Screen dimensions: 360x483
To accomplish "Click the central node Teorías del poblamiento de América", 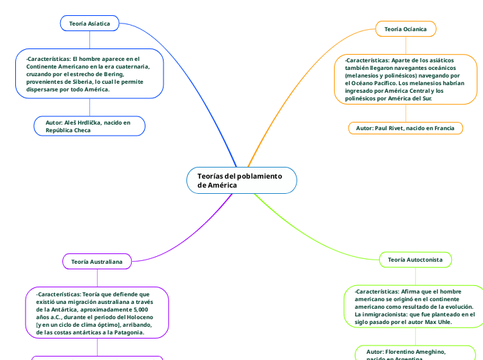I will coord(241,181).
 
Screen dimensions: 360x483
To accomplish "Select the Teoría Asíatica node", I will coord(89,24).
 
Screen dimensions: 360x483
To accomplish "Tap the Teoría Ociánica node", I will coord(405,29).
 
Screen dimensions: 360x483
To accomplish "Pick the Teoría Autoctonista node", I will coord(415,259).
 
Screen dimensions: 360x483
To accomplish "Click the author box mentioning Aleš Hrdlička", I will coord(89,126).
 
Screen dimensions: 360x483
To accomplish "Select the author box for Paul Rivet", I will coord(405,129).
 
